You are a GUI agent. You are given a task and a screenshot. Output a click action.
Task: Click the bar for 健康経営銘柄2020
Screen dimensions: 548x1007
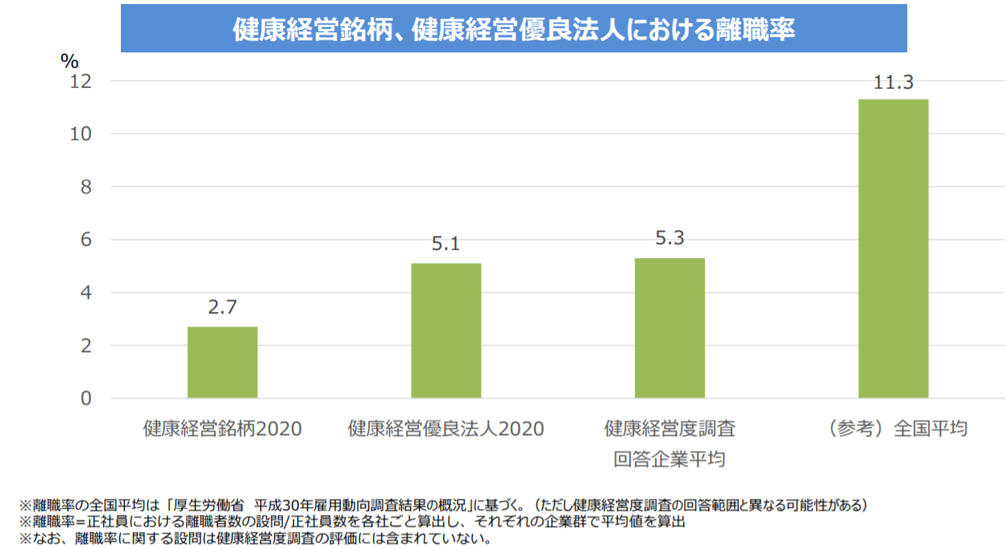[222, 362]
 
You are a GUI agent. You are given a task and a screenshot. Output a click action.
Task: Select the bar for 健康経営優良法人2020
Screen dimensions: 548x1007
[445, 330]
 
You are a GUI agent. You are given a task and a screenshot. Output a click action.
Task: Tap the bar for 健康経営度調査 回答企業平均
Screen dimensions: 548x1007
[669, 328]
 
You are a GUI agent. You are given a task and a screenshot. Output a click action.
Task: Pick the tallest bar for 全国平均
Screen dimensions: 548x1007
[893, 248]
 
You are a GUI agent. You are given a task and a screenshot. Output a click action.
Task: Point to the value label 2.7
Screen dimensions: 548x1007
[222, 308]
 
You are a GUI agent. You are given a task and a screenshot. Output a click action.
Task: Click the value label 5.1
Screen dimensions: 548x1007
[445, 244]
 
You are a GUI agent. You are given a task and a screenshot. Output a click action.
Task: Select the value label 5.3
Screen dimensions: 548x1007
[669, 239]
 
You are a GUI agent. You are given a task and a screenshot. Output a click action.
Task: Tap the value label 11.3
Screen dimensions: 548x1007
[893, 81]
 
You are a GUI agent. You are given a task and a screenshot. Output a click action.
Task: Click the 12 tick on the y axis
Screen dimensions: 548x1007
[81, 81]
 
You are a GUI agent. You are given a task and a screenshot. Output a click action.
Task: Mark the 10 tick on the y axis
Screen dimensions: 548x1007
[81, 135]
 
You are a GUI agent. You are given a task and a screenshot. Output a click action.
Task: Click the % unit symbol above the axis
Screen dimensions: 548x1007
[70, 61]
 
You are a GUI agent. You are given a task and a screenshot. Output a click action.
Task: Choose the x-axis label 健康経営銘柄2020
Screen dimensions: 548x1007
[222, 429]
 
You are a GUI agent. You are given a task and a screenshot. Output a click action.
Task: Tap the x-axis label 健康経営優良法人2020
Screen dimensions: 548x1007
[445, 429]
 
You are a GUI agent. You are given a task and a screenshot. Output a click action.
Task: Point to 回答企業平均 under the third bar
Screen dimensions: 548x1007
[669, 460]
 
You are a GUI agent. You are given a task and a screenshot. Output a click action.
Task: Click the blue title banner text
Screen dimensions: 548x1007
[514, 31]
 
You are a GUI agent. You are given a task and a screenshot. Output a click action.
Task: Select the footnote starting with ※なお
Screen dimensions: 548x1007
[255, 538]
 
